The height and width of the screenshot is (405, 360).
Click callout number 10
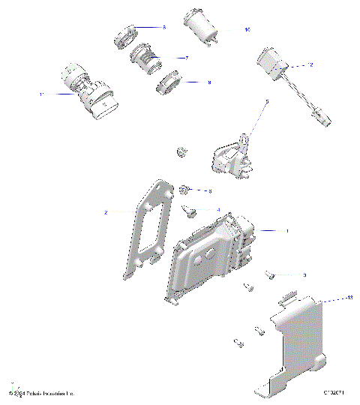247,30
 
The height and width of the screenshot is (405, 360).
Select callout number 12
310,65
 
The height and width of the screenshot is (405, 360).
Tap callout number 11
42,94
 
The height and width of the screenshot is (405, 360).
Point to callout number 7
186,57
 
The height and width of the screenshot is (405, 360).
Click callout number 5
266,100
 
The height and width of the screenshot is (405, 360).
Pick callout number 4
218,210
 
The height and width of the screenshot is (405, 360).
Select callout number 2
106,213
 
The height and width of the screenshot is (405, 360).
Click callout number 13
328,298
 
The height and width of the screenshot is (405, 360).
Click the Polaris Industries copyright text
42,393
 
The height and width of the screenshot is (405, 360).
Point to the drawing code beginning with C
334,392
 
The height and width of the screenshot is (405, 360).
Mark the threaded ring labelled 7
146,58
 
